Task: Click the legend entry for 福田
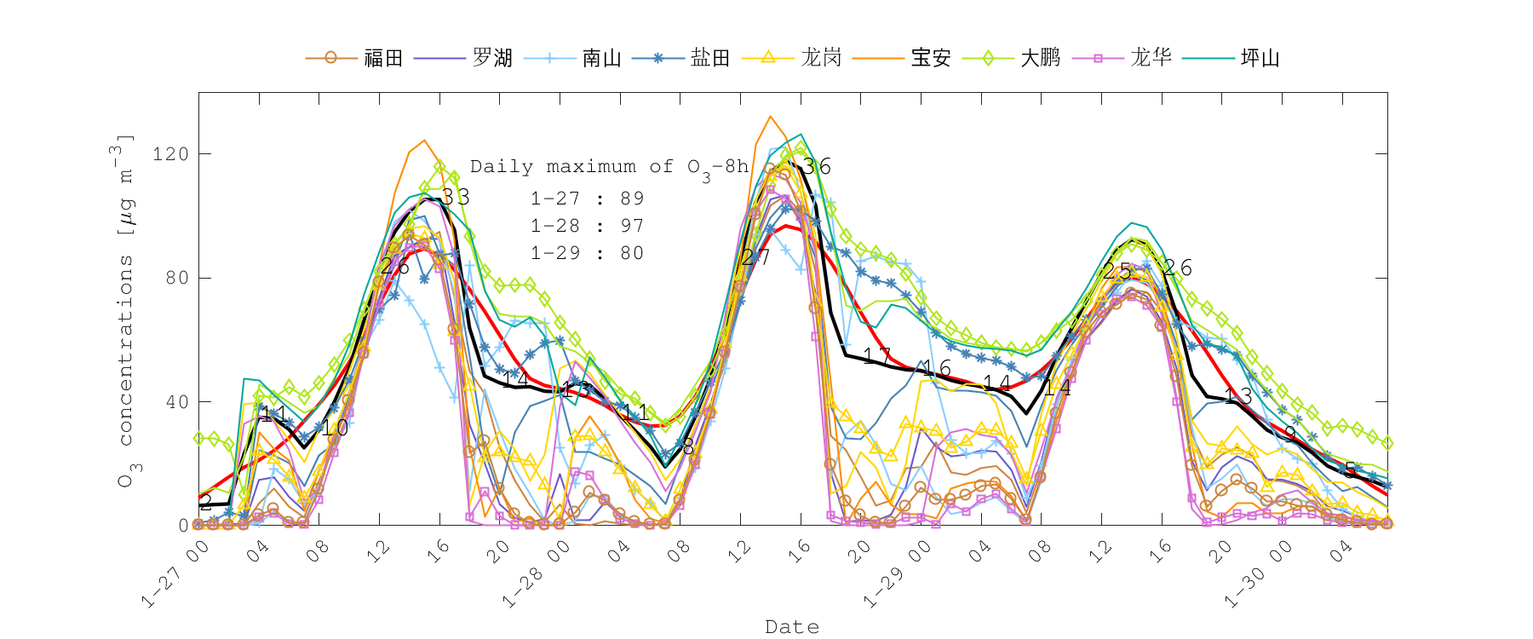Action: (382, 58)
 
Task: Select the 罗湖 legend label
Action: (492, 58)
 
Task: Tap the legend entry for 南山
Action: (601, 58)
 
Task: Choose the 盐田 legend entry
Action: (710, 58)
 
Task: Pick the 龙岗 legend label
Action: (821, 58)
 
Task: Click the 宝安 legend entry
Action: (930, 58)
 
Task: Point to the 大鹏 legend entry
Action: (1040, 58)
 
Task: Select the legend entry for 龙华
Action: (1151, 58)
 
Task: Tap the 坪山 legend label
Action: (1260, 58)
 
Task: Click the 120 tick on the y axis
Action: (169, 154)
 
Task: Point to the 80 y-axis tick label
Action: (176, 278)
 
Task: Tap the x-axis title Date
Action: (792, 627)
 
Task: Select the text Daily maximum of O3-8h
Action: (609, 168)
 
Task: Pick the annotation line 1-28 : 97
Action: (587, 226)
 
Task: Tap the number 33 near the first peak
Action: (455, 198)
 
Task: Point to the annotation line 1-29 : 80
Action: (587, 253)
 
